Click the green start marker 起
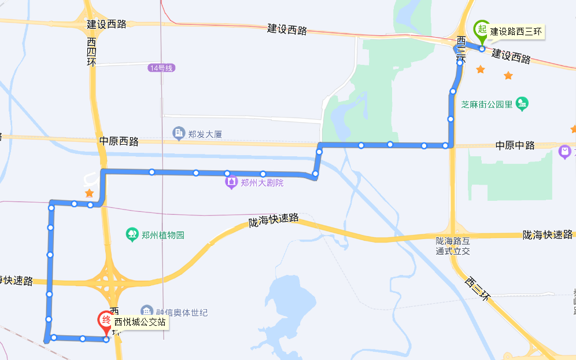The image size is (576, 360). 481,29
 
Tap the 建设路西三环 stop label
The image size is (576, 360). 516,32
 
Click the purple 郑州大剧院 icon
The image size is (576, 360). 231,183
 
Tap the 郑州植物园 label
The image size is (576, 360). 164,235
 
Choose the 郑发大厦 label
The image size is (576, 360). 205,134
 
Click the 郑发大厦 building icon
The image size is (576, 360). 179,134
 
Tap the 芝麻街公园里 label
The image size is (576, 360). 487,104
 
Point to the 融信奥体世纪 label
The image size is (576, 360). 182,313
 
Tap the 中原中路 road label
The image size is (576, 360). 515,145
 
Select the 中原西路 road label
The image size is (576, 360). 119,141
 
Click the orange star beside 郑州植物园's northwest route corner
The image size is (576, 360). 89,193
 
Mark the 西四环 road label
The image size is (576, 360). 91,52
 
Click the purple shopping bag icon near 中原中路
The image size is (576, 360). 564,152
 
